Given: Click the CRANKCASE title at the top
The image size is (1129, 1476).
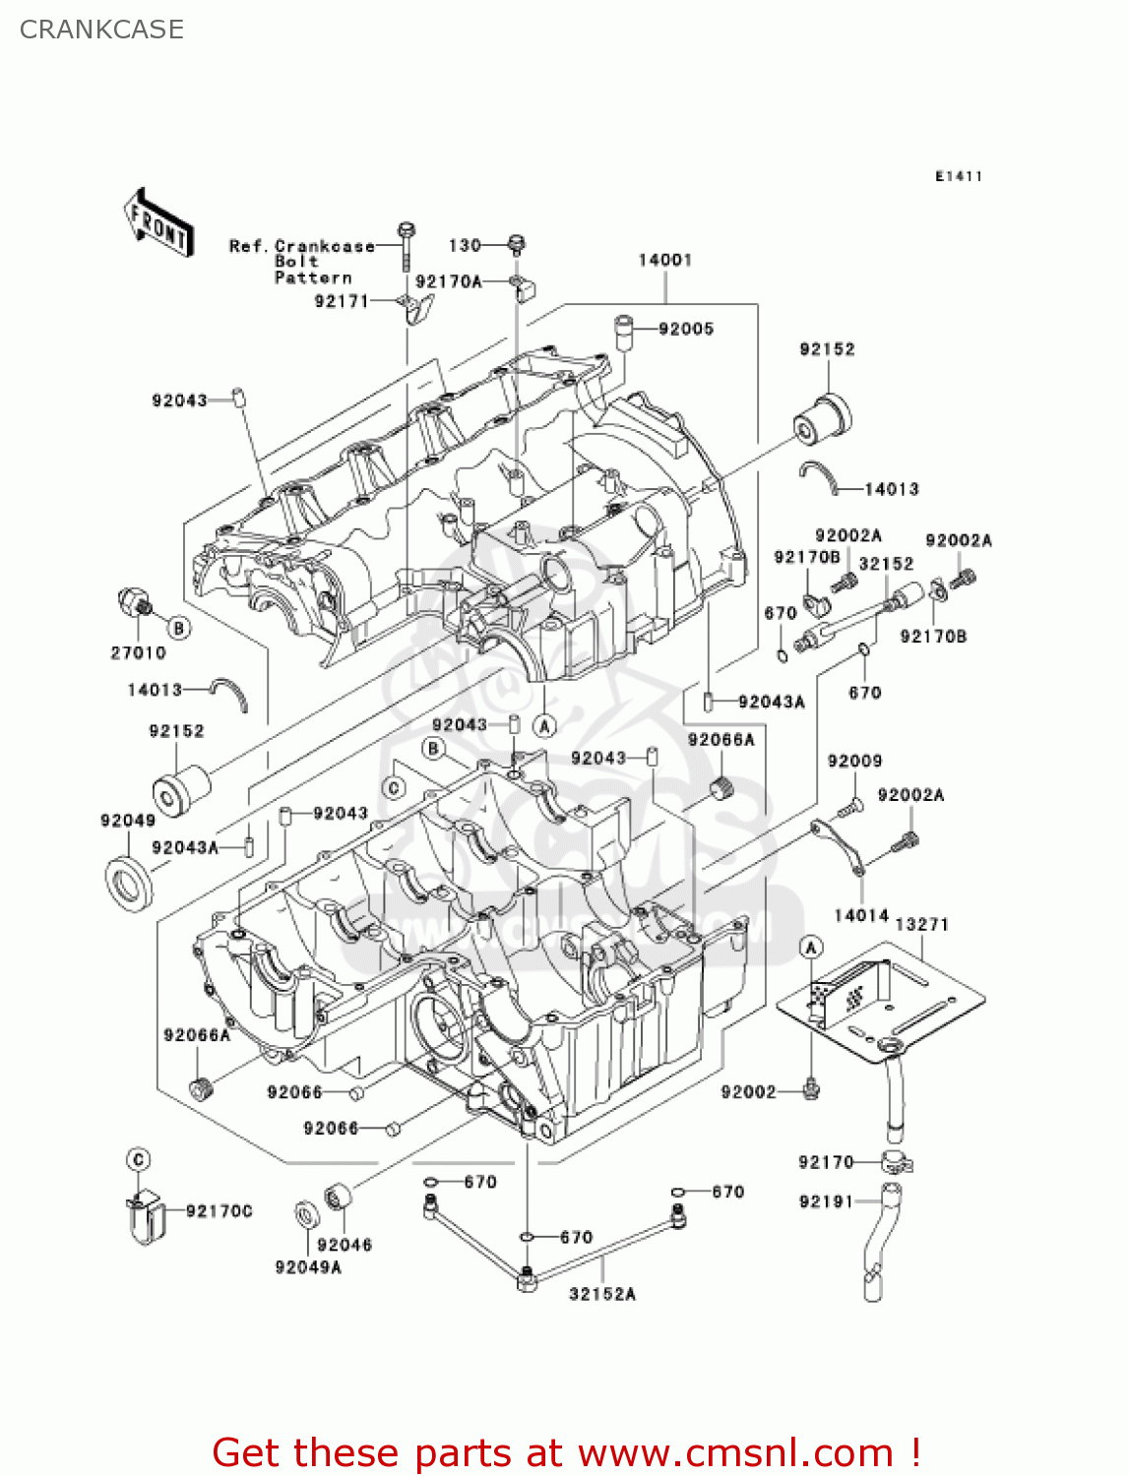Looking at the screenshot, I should [x=101, y=30].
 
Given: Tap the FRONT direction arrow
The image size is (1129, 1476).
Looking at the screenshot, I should [x=157, y=223].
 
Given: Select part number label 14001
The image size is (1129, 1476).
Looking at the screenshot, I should [x=664, y=260].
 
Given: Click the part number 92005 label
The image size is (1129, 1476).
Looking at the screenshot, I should [x=686, y=329].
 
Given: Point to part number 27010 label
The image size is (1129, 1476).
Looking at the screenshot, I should [x=138, y=652].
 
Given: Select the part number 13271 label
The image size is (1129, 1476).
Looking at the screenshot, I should [x=921, y=924].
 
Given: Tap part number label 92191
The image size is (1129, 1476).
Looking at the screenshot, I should [x=826, y=1201].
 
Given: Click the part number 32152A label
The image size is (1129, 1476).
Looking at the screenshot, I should [x=602, y=1294].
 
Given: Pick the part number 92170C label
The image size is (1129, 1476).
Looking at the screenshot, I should [x=219, y=1211].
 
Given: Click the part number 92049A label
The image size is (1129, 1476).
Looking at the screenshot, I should [x=308, y=1267].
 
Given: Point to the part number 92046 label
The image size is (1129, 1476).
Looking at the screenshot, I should [x=345, y=1245].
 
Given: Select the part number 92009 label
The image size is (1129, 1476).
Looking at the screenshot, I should [x=854, y=761].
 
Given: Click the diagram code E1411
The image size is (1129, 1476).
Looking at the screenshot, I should [x=959, y=176].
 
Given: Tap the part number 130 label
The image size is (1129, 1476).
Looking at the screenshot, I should [x=465, y=245].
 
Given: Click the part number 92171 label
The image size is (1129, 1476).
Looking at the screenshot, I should [x=341, y=301].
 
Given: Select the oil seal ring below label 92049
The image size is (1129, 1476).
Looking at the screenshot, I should [x=129, y=882].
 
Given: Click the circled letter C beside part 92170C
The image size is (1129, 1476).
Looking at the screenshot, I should [x=139, y=1159].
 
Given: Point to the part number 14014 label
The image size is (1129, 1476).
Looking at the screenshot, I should [x=861, y=915].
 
